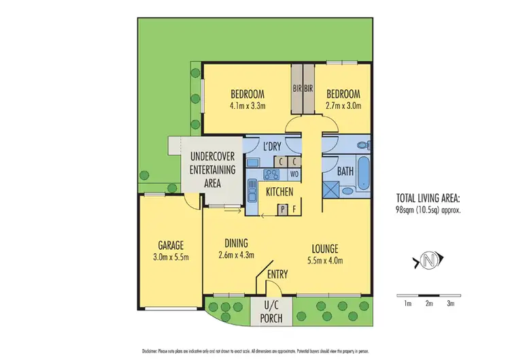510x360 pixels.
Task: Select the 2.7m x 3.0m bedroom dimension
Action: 343,105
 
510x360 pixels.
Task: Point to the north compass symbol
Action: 428,261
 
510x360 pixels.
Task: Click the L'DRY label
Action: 272,146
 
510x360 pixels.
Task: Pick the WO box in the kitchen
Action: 294,174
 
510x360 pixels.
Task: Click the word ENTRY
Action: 277,274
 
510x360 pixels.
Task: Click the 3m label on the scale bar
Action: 450,304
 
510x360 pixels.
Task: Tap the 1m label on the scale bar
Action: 407,304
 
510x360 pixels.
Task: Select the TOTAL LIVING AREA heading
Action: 428,198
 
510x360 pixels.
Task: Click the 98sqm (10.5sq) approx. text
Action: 428,210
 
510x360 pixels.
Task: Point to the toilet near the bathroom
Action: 362,146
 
